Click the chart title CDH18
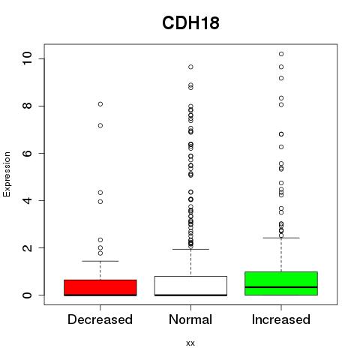[x=190, y=23]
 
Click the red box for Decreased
[x=100, y=288]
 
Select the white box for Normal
[x=190, y=286]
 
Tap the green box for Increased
[x=281, y=283]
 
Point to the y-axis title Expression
[x=7, y=174]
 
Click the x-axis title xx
[x=190, y=343]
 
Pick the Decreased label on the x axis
[x=100, y=319]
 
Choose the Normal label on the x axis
[x=190, y=319]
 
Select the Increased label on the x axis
[x=281, y=319]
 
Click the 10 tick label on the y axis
[x=27, y=58]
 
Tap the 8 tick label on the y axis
[x=27, y=106]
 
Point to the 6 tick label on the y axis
[x=27, y=153]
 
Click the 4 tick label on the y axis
[x=27, y=200]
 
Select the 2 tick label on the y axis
[x=27, y=247]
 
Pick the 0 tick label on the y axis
[x=27, y=295]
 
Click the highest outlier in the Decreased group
[x=100, y=104]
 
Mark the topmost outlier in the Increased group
[x=281, y=54]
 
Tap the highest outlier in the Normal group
[x=190, y=67]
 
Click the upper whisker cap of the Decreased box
[x=100, y=261]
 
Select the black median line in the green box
[x=281, y=287]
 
